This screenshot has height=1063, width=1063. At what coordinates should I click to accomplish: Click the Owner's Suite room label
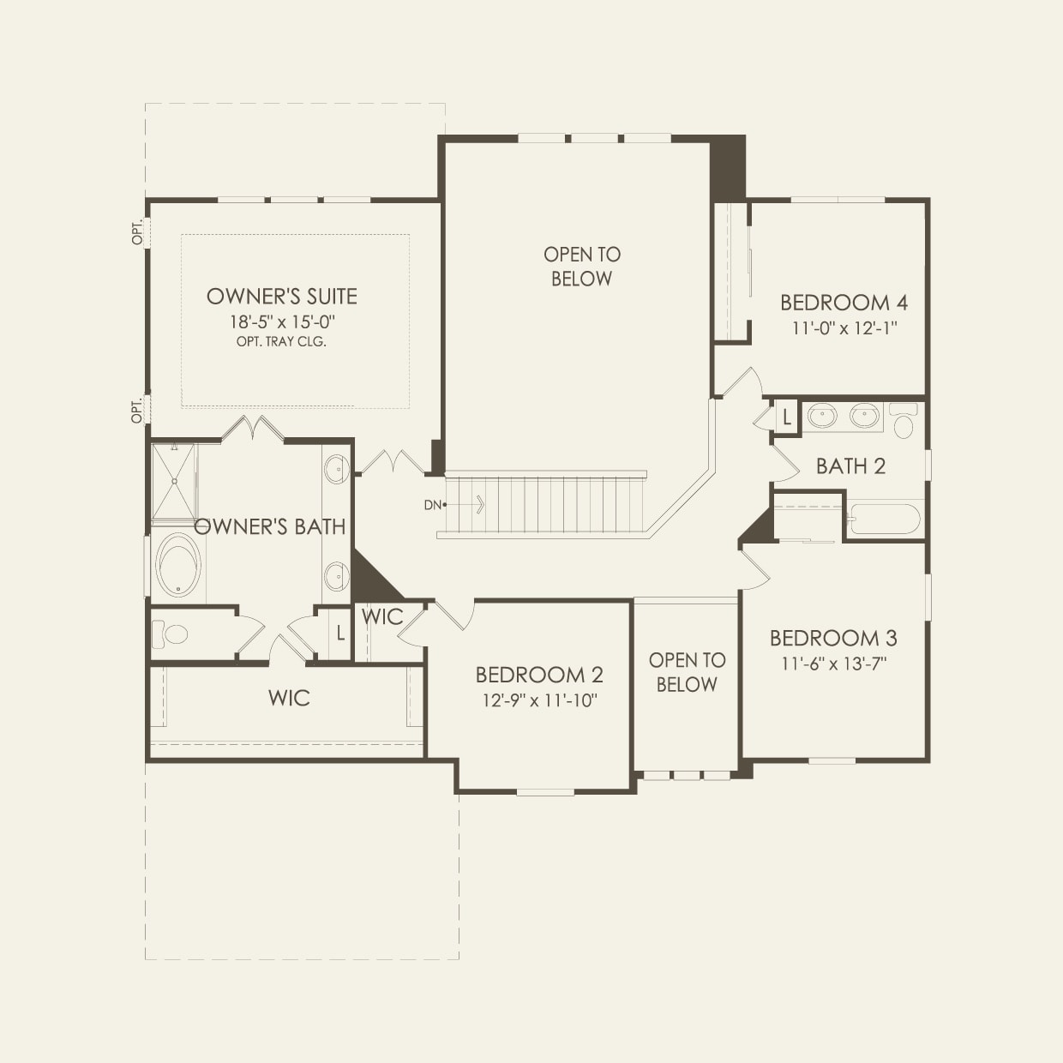[281, 297]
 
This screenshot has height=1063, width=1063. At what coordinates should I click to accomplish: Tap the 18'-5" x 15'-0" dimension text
[281, 322]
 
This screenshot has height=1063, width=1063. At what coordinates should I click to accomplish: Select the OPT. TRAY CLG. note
[281, 341]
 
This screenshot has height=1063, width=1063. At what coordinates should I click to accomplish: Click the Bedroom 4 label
[844, 303]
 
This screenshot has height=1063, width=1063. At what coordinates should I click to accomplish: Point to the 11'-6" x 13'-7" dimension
[833, 663]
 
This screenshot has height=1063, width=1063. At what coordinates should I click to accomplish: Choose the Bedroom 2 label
[539, 675]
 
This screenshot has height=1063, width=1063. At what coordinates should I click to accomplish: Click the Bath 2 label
[850, 466]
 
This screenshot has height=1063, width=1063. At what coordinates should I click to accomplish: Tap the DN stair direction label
[433, 505]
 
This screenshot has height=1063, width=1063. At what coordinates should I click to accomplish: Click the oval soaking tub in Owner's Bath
[179, 565]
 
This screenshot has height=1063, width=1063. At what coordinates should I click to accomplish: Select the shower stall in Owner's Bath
[174, 481]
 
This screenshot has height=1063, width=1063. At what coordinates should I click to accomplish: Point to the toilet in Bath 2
[904, 421]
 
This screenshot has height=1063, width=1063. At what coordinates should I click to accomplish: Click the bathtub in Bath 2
[884, 519]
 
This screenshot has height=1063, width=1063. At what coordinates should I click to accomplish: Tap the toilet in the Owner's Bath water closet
[171, 634]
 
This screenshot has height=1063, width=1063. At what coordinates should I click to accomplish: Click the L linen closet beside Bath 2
[786, 417]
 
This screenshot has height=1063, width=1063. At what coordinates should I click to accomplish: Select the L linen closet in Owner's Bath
[340, 634]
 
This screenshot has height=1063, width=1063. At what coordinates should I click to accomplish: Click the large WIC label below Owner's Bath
[289, 698]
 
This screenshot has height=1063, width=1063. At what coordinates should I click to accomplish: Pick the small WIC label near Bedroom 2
[382, 616]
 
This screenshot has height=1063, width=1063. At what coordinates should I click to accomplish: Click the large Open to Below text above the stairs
[582, 267]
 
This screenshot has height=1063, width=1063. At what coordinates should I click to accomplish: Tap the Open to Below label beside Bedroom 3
[687, 672]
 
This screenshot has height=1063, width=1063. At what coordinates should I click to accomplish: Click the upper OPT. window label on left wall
[137, 233]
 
